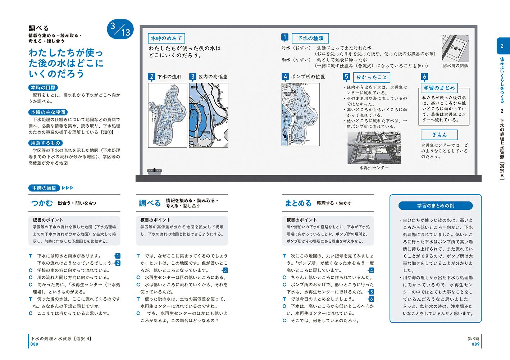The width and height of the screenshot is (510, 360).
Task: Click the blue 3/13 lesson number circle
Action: pos(120,29)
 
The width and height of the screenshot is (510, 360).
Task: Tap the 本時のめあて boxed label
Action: pos(167,38)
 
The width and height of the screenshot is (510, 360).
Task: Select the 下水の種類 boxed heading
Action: pos(310,38)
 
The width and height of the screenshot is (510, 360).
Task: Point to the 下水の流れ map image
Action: pos(168,115)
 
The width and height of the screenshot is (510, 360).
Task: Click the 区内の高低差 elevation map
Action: pos(209,115)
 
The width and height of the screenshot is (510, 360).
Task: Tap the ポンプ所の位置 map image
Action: pos(300,114)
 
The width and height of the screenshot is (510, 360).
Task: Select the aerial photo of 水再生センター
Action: pos(374,148)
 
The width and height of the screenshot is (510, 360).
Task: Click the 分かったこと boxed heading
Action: pos(372,77)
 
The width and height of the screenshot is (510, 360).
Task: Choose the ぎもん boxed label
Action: pos(439,135)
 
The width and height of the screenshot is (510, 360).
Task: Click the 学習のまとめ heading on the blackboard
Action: pos(439,88)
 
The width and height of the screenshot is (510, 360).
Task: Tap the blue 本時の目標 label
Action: pos(43,87)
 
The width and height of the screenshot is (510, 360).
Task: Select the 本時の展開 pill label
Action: pos(44,188)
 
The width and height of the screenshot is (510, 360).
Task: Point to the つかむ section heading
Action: pos(42,203)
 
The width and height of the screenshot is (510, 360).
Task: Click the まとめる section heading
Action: pos(298,203)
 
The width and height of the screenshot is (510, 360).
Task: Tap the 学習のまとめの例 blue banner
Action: pos(435,206)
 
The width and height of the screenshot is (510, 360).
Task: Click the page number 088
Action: pos(34,344)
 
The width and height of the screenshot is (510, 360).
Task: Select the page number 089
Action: pos(475,344)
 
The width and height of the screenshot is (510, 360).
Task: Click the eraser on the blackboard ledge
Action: pos(155,171)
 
